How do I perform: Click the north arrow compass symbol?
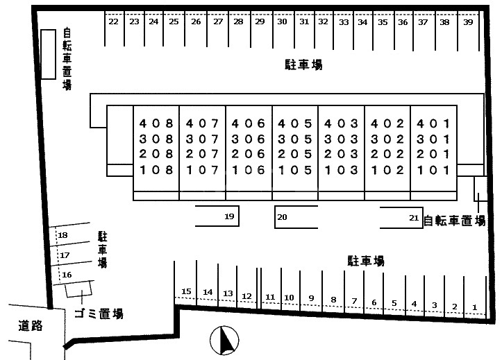(225, 340)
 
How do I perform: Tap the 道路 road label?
(31, 325)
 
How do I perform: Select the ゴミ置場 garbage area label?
(99, 314)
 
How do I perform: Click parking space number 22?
(113, 22)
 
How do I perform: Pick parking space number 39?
(468, 22)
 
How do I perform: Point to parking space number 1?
(475, 307)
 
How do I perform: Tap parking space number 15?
(186, 291)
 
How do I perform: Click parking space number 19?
(230, 217)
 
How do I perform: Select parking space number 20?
(282, 217)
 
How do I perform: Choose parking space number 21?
(414, 218)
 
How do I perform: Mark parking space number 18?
(62, 236)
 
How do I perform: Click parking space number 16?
(67, 275)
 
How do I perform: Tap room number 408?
(156, 123)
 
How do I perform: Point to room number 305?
(294, 139)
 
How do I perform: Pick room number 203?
(341, 154)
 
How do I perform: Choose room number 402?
(387, 123)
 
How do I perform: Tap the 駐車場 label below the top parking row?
(303, 65)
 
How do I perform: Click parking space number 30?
(282, 22)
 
